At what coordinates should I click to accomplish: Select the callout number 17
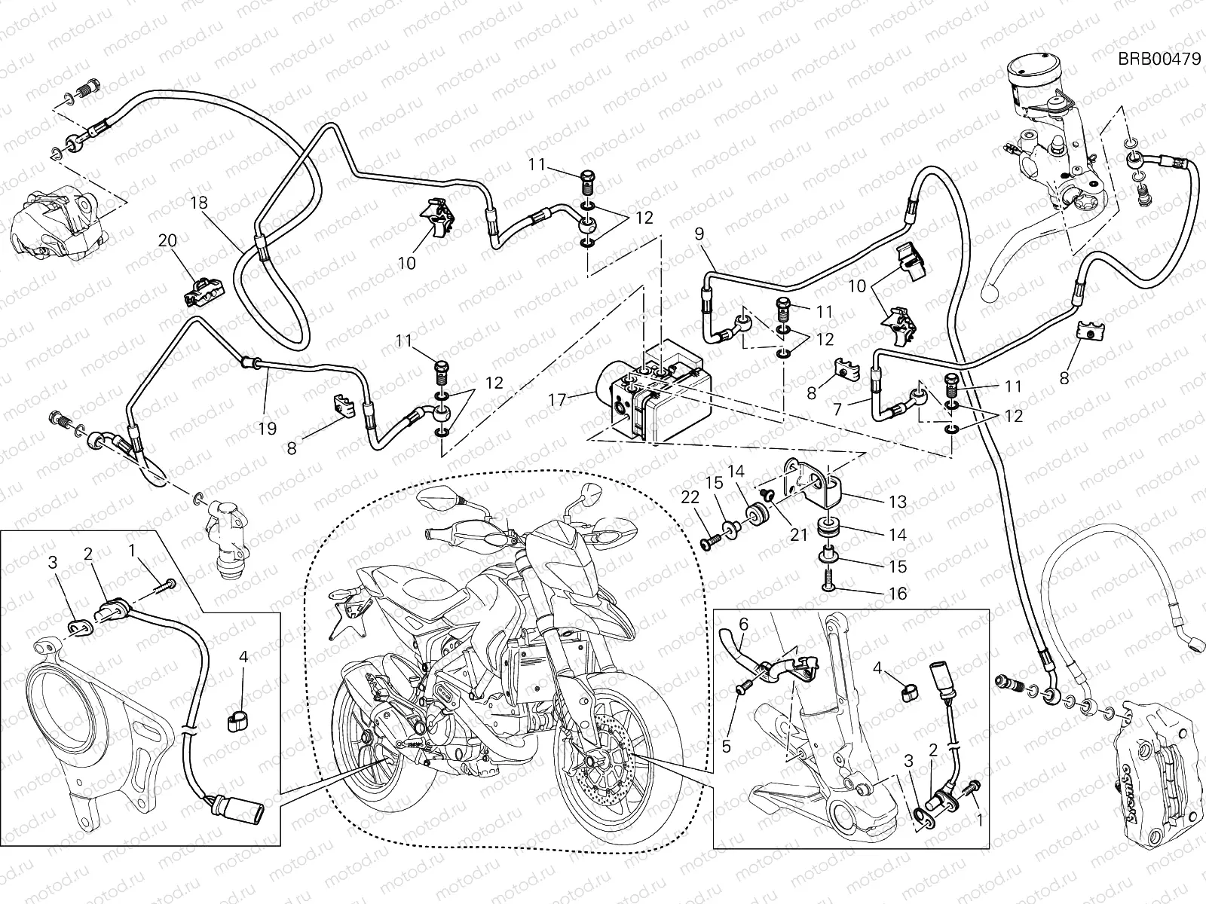pyautogui.click(x=556, y=399)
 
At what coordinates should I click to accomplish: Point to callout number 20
pyautogui.click(x=167, y=241)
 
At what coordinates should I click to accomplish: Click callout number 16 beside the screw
pyautogui.click(x=897, y=594)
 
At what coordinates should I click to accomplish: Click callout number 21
pyautogui.click(x=799, y=534)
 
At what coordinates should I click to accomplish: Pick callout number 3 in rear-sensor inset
pyautogui.click(x=53, y=562)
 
